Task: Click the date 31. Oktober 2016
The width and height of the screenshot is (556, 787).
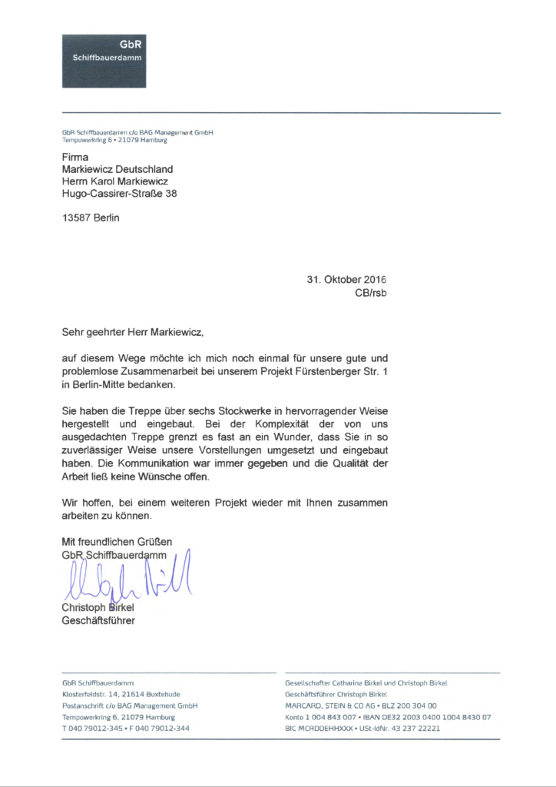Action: point(346,280)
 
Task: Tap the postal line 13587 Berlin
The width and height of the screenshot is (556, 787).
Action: point(91,218)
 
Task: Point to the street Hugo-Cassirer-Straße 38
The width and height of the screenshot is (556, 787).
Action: point(119,194)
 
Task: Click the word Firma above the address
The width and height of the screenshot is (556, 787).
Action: point(75,158)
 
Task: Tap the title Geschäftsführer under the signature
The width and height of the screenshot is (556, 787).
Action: point(98,620)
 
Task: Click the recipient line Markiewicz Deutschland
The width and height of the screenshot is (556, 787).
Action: point(117,169)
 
